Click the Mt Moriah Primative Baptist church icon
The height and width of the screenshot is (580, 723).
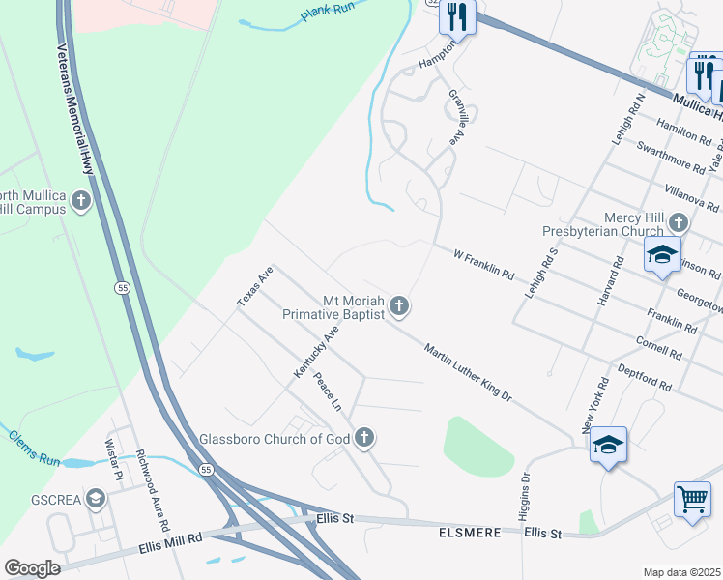point(399,307)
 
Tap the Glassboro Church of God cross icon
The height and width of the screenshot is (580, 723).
point(364,439)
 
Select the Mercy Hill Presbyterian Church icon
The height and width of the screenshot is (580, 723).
point(678,224)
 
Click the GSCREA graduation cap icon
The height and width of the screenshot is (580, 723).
point(95,499)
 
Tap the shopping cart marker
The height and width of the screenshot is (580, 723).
point(692,500)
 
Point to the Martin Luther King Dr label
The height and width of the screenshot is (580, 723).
point(467,372)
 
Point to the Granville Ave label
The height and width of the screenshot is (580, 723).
point(453,119)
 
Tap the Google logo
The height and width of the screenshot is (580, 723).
point(32,568)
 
